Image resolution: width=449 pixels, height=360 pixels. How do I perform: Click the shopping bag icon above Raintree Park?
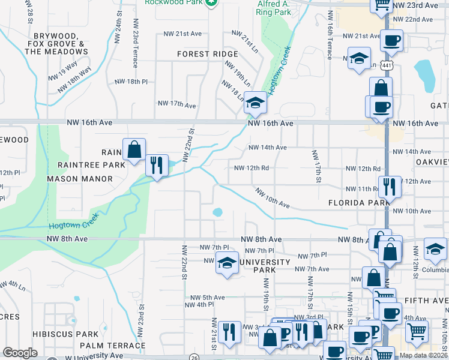click(134, 149)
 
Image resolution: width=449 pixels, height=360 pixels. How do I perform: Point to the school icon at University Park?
click(227, 263)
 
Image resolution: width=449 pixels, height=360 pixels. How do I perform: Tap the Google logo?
click(20, 353)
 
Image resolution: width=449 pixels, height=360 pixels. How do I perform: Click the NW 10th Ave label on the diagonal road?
click(272, 199)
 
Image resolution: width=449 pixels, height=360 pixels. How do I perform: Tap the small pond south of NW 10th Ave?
click(217, 212)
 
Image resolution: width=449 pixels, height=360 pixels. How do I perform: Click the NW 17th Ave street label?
click(176, 105)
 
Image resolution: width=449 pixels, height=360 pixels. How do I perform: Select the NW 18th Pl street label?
click(131, 81)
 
